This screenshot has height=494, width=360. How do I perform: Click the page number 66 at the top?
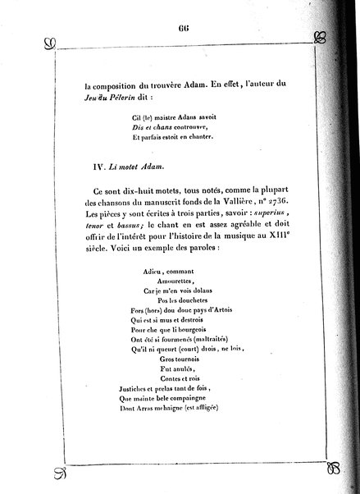[184, 26]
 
